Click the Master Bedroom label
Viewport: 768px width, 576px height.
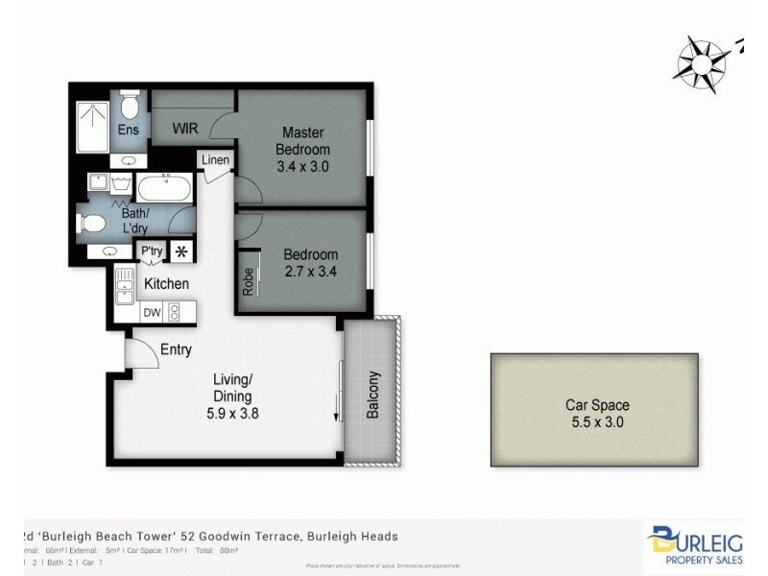pos(302,141)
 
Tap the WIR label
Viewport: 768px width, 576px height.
pos(185,128)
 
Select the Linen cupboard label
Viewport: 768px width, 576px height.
pos(216,160)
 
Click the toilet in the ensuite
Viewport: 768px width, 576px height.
pos(131,101)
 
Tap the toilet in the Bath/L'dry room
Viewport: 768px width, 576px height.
pos(93,224)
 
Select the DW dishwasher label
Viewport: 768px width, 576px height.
pos(152,312)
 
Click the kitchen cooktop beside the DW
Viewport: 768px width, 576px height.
pos(176,311)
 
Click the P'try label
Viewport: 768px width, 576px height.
pos(152,252)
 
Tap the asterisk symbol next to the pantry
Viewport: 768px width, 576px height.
pos(180,252)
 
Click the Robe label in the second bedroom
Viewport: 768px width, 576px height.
pos(248,279)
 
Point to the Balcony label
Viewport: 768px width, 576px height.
pos(373,395)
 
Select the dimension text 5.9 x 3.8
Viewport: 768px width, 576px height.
pos(232,414)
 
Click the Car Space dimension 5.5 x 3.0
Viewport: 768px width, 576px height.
pos(597,421)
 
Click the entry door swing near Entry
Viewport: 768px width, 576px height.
pos(141,354)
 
